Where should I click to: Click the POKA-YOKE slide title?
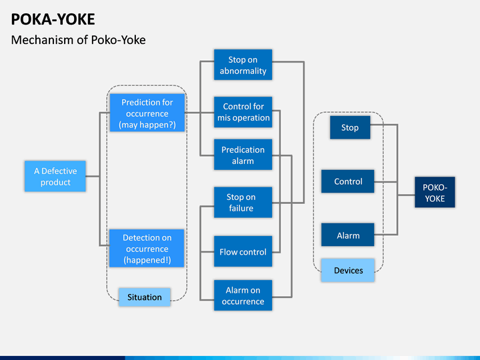53,19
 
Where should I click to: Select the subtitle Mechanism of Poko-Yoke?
79,40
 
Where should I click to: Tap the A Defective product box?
55,176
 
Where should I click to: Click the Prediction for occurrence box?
147,113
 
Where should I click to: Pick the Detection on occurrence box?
147,248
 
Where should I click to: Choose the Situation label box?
145,297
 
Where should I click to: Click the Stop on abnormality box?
243,65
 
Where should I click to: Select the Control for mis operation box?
243,112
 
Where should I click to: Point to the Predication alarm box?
243,155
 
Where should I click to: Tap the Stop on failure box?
243,203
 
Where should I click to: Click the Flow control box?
243,251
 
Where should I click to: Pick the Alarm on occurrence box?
243,295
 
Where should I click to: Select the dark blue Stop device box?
350,127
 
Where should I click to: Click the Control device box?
348,181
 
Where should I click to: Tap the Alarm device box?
348,235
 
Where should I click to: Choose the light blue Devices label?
348,270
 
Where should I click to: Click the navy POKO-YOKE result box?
435,192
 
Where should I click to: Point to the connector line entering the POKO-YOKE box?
406,195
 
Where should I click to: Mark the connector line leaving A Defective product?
93,176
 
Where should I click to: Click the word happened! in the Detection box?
147,260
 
